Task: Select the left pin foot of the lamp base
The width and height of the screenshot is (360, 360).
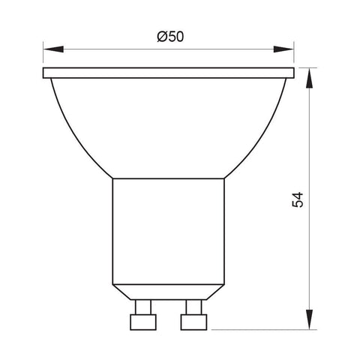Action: [141, 322]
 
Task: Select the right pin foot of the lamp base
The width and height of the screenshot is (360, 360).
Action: [193, 322]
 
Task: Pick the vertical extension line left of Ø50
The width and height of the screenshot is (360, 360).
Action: [43, 56]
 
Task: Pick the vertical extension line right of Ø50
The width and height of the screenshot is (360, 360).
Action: [292, 56]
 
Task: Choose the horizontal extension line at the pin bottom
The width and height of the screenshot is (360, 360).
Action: [262, 329]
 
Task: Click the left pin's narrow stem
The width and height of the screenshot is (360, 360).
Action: [141, 307]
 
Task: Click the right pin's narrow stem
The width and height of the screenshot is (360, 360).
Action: [193, 307]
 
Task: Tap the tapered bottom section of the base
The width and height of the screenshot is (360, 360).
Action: [167, 291]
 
